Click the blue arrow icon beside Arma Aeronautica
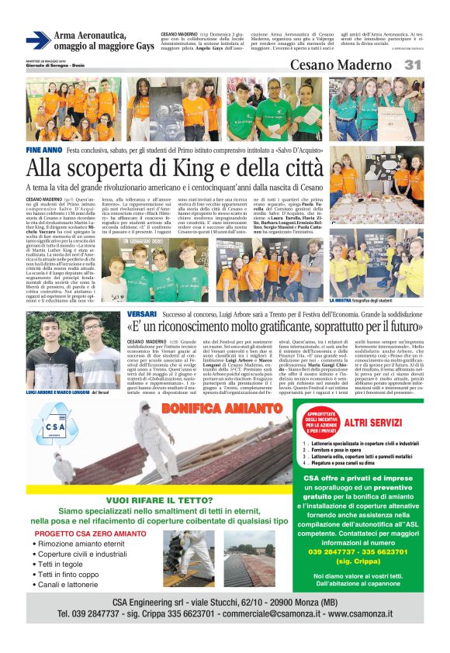pos(37,40)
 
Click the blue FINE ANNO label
pos(43,149)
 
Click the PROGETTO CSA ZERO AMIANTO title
pos(91,534)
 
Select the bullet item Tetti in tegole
pos(64,565)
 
